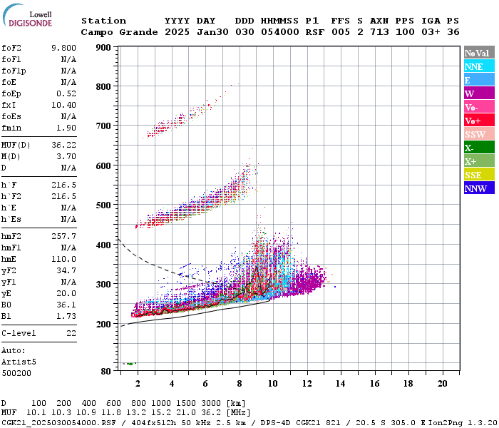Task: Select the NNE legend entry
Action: pyautogui.click(x=478, y=66)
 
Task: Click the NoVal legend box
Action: pyautogui.click(x=478, y=53)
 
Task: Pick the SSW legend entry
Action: pyautogui.click(x=478, y=134)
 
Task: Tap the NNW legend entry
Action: pyautogui.click(x=478, y=188)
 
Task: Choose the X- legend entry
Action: pyautogui.click(x=478, y=148)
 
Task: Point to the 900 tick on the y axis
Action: pyautogui.click(x=103, y=48)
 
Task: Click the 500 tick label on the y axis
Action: pyautogui.click(x=103, y=205)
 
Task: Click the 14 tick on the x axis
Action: pyautogui.click(x=340, y=383)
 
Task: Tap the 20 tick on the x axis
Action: pyautogui.click(x=442, y=383)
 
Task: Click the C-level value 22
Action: pyautogui.click(x=71, y=333)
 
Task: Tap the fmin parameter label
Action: pyautogui.click(x=12, y=128)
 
